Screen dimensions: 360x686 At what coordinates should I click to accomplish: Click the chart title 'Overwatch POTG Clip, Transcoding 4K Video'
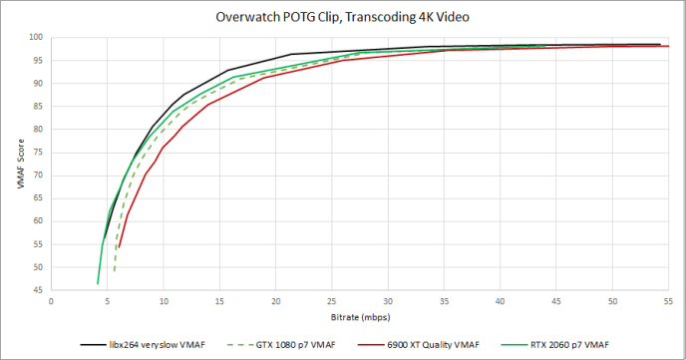[344, 17]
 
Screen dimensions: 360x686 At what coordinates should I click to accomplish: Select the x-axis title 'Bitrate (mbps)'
[357, 318]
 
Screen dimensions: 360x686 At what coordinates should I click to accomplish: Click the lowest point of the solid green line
[98, 284]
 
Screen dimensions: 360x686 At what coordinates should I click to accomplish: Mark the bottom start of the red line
[120, 248]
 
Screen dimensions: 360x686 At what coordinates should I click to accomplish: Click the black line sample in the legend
[94, 343]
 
